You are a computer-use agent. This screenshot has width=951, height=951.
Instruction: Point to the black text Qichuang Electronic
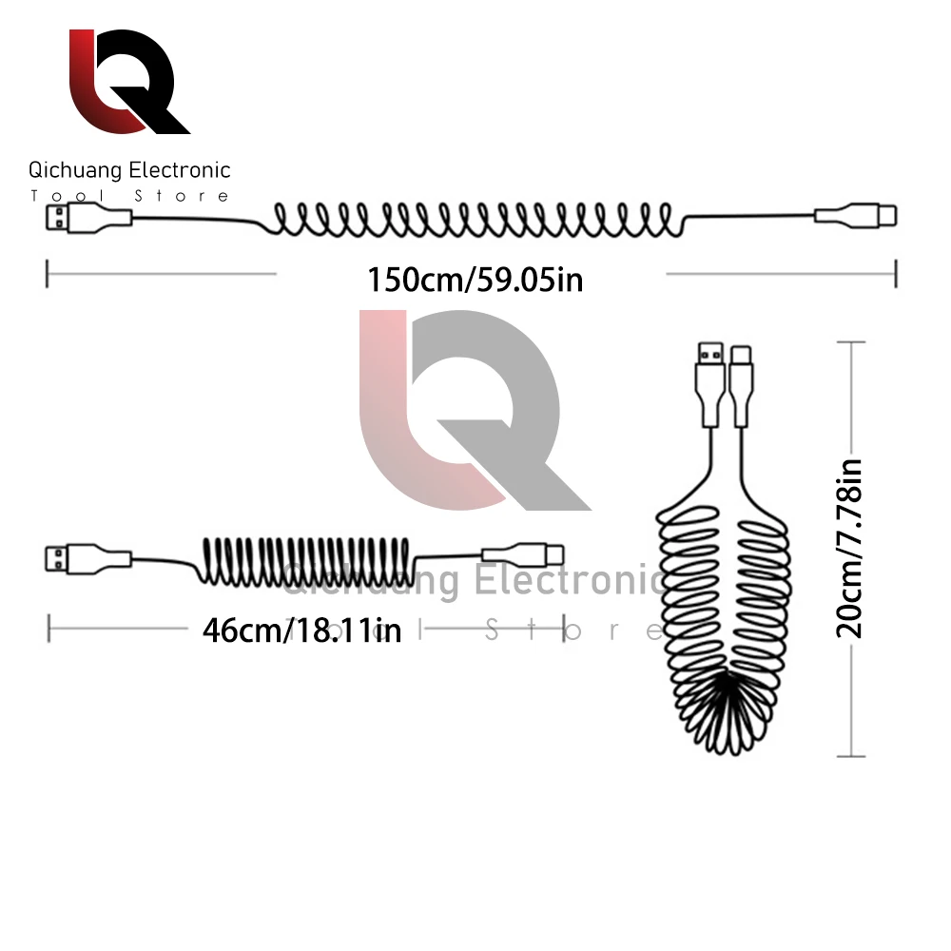(129, 171)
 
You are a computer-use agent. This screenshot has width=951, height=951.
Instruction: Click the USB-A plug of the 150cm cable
(61, 222)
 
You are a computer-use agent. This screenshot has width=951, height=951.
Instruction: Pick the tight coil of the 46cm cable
(306, 561)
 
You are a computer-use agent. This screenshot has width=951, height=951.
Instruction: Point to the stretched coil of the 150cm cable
(475, 220)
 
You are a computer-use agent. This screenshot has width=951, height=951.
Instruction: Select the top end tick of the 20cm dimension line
(850, 341)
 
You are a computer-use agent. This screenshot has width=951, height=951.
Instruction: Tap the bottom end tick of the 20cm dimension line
(850, 757)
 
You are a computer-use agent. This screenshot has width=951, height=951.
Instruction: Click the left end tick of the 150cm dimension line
(48, 274)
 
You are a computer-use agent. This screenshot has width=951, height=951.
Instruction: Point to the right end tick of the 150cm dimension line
(896, 274)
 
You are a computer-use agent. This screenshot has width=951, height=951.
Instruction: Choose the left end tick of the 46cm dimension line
(49, 628)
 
